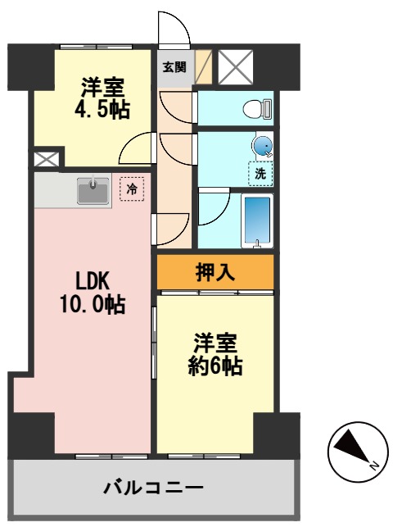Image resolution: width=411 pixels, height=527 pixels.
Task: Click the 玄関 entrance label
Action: (174, 66)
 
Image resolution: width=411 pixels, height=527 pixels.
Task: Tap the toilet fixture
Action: (258, 108)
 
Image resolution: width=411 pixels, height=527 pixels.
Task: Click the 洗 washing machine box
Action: (260, 174)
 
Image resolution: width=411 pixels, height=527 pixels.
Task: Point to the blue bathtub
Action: (258, 220)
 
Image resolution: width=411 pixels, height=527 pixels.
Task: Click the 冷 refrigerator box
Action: (131, 189)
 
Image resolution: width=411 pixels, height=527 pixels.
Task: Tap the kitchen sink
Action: (93, 191)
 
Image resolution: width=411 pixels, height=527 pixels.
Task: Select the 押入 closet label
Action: (215, 272)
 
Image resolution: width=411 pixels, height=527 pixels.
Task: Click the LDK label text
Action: (93, 281)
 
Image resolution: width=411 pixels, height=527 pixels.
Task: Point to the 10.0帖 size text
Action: (91, 306)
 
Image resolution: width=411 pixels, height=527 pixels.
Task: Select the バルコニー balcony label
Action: (153, 489)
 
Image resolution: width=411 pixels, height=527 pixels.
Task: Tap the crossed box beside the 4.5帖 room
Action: (45, 159)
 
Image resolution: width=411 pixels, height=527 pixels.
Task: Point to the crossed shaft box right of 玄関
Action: (236, 67)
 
